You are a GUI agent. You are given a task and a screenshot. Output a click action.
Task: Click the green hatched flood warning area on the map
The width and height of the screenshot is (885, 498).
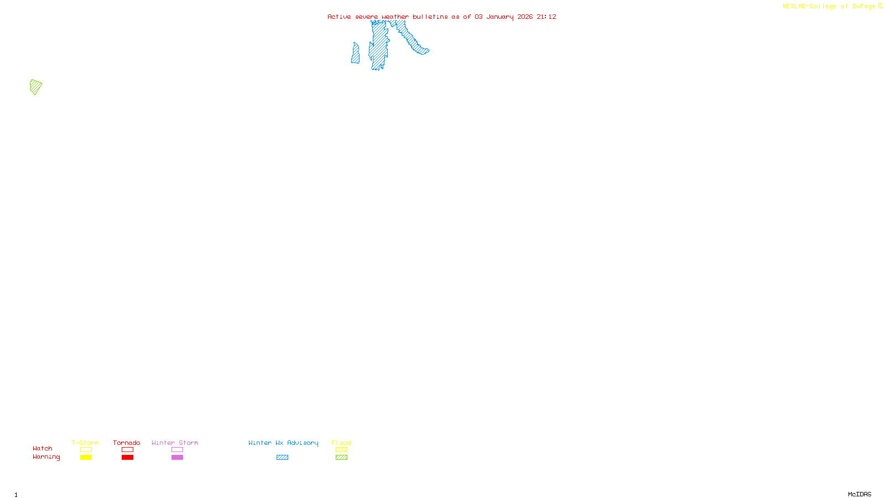click(x=36, y=87)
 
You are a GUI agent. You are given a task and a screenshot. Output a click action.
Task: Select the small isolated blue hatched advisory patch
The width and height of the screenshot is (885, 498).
click(x=355, y=54)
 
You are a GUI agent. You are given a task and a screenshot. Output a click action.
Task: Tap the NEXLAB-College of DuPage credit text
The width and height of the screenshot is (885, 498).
click(x=830, y=7)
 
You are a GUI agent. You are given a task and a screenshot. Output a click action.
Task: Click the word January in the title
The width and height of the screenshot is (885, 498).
click(x=499, y=17)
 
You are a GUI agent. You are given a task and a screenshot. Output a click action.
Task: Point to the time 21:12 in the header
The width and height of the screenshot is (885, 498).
click(x=546, y=17)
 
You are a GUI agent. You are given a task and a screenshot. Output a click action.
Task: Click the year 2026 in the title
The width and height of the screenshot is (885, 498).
click(x=525, y=17)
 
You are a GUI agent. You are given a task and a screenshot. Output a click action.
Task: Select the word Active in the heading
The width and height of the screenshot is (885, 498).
click(x=339, y=17)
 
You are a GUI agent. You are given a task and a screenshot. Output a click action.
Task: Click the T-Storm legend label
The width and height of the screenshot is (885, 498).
click(x=85, y=443)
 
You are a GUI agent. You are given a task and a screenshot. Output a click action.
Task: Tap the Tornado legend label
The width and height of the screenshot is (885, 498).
click(x=127, y=443)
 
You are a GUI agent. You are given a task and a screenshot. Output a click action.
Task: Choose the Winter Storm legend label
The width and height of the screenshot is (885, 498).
click(x=175, y=443)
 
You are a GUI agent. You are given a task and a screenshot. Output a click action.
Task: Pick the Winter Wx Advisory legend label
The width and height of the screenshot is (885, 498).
click(x=283, y=443)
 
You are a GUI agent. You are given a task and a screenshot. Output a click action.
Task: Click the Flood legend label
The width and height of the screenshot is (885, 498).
click(x=341, y=443)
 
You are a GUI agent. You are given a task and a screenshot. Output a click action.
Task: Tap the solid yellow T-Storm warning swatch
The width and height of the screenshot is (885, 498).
click(x=86, y=458)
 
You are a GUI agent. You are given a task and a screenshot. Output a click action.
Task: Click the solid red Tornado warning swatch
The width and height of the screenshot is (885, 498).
click(x=127, y=458)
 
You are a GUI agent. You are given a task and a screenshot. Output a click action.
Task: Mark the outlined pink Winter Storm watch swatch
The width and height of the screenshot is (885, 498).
click(x=177, y=450)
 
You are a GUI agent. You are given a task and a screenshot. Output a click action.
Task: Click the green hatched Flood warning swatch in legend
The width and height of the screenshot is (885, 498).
click(x=341, y=458)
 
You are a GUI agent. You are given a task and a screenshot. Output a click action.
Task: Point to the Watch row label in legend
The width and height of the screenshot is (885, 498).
click(x=43, y=448)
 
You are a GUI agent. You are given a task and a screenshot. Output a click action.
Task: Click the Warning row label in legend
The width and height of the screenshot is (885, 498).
click(x=46, y=457)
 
